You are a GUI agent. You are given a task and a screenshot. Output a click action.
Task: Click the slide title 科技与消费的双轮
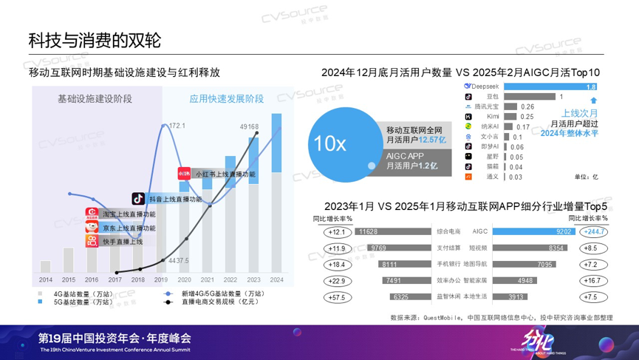[x=94, y=40]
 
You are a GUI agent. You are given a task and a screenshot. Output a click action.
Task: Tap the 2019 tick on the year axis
[x=160, y=280]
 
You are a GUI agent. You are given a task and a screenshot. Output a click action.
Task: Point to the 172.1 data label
[x=177, y=126]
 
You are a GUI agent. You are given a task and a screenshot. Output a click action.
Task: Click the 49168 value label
[x=249, y=127]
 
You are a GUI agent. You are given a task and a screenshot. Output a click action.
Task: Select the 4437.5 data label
[x=179, y=260]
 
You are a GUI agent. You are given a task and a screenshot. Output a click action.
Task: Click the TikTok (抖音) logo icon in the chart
[x=138, y=199]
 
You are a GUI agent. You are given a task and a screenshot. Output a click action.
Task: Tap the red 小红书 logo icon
[x=185, y=174]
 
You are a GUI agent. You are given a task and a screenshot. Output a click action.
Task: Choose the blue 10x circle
[x=330, y=143]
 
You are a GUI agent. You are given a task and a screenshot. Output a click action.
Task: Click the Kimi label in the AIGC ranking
[x=493, y=117]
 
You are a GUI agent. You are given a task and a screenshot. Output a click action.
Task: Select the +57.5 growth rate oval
[x=337, y=297]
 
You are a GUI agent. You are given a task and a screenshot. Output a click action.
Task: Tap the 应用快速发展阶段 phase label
[x=227, y=98]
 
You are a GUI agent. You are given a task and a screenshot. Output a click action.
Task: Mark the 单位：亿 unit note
[x=585, y=177]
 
